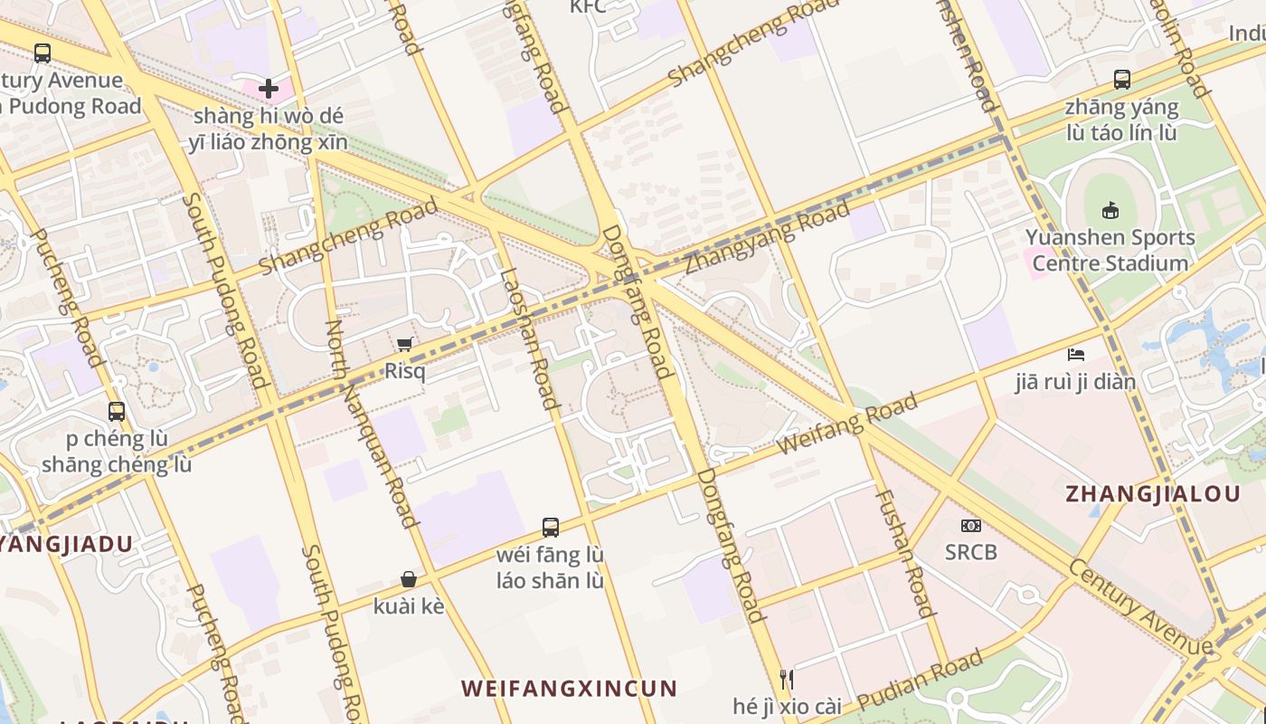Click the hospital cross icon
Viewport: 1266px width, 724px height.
[x=269, y=89]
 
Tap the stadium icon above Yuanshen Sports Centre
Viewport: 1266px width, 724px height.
[x=1110, y=210]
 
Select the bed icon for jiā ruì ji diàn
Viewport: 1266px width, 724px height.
[x=1075, y=354]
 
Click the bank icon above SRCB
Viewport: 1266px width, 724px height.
[x=971, y=525]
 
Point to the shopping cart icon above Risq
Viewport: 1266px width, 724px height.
[x=405, y=344]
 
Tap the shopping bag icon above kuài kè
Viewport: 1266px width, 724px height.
[x=409, y=579]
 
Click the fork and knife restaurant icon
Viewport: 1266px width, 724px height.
[x=787, y=679]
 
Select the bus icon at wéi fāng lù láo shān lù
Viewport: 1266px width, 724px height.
[x=550, y=527]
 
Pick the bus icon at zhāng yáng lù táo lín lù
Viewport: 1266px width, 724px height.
[x=1121, y=80]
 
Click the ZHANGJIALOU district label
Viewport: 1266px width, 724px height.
[x=1153, y=494]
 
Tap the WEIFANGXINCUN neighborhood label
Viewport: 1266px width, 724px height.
[x=569, y=689]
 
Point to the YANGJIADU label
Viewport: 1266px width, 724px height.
[x=65, y=545]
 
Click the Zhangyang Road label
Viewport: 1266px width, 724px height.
[x=767, y=238]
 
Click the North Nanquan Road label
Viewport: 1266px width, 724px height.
[x=371, y=424]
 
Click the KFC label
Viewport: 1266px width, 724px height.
[x=588, y=7]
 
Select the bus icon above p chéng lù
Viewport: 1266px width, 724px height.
[x=117, y=412]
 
